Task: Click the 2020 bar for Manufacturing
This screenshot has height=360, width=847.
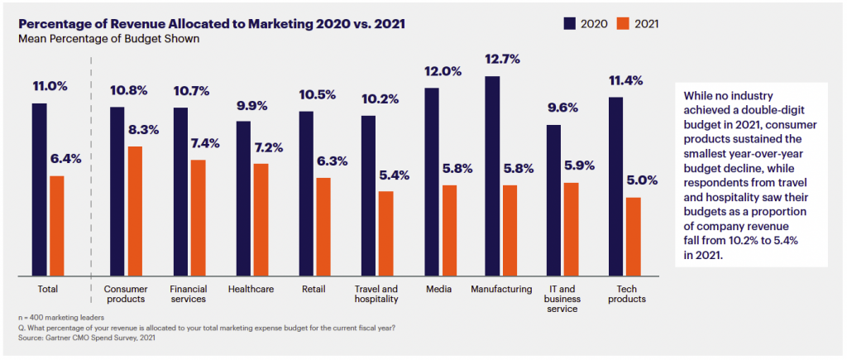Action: [x=492, y=175]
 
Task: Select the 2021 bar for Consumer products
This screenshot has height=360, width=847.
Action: [x=136, y=211]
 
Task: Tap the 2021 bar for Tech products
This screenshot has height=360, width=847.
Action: [x=633, y=236]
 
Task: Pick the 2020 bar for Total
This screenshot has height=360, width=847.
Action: [x=40, y=189]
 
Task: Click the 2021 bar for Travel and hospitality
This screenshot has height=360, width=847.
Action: [x=385, y=233]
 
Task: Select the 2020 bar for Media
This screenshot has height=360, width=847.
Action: [x=431, y=181]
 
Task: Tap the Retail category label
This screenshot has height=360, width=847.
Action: [x=313, y=290]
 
